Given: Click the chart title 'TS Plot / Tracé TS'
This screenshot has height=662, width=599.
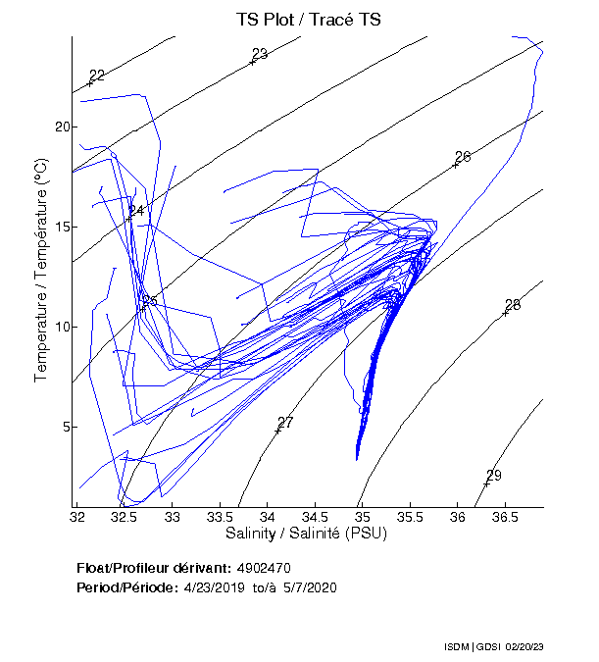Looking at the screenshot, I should [308, 19].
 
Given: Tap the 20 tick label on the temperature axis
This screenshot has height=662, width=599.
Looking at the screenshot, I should [62, 127].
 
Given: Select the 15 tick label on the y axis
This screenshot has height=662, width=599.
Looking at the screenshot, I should [62, 228].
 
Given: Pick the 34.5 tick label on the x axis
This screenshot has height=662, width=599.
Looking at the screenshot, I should [315, 516].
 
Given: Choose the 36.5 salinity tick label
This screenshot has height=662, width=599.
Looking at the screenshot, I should [504, 516].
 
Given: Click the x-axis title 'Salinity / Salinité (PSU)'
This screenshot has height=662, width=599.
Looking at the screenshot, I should [306, 534].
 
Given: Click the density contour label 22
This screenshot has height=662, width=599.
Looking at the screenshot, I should [97, 76].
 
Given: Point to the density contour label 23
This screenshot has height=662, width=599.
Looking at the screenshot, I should [260, 54].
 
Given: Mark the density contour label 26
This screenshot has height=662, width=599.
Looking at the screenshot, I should [464, 157].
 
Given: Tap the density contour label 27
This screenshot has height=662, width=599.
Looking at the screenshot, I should [285, 422].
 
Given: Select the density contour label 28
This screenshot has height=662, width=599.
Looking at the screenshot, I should [513, 305].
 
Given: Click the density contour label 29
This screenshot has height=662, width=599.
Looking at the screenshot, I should [494, 476].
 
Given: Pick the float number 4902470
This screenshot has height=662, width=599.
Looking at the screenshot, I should [264, 569].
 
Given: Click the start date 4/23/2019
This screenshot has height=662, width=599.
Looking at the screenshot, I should [214, 587].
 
